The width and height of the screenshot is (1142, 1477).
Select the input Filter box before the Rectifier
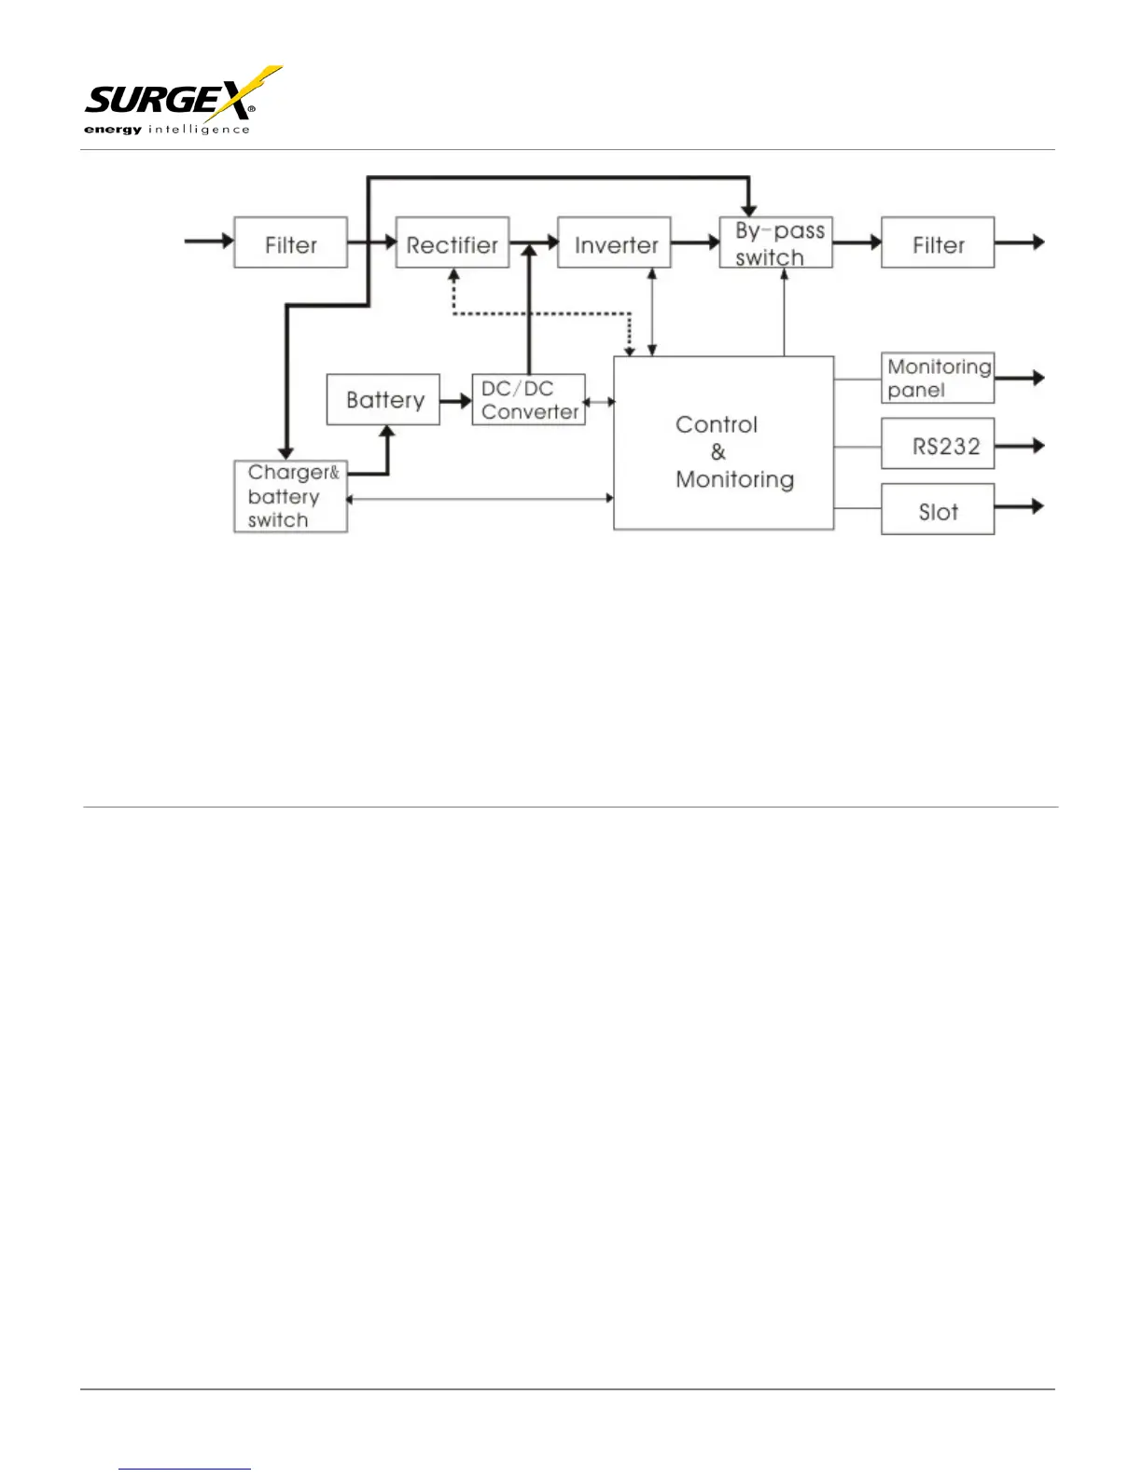(290, 242)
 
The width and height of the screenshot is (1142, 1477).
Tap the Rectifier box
(453, 242)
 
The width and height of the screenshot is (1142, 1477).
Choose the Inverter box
(614, 242)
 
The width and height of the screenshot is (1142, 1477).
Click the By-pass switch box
(775, 242)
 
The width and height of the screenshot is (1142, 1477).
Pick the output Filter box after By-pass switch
(938, 242)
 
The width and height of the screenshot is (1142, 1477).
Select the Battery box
(383, 400)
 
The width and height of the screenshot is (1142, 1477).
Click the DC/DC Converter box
(528, 400)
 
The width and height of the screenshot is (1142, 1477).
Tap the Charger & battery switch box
(290, 497)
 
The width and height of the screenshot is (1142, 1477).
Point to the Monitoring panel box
(938, 378)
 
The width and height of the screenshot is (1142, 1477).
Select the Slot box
(938, 509)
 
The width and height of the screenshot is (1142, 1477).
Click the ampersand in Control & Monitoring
(717, 452)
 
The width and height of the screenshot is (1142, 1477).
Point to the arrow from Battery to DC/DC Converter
(456, 401)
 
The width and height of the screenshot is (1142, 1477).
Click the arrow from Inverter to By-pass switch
(695, 242)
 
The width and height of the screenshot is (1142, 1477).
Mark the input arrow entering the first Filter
(209, 242)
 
